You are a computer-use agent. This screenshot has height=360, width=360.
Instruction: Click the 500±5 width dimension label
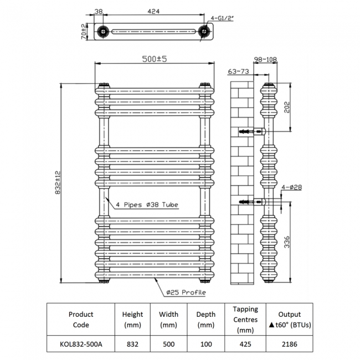click(x=155, y=59)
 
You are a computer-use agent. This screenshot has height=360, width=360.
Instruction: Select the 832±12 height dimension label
click(x=58, y=183)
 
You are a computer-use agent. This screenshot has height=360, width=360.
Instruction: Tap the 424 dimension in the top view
click(x=153, y=11)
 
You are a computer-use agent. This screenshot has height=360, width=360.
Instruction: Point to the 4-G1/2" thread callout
click(x=222, y=18)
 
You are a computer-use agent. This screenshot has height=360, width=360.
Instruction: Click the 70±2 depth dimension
click(x=84, y=31)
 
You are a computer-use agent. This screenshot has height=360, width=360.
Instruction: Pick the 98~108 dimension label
click(x=265, y=59)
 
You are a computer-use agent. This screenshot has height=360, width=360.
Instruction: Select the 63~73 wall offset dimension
click(x=238, y=71)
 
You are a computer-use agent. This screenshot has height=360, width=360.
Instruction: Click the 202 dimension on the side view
click(x=287, y=107)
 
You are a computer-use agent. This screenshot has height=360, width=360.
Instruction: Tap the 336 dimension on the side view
click(x=287, y=242)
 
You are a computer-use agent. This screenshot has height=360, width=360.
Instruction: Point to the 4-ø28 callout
click(x=291, y=187)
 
